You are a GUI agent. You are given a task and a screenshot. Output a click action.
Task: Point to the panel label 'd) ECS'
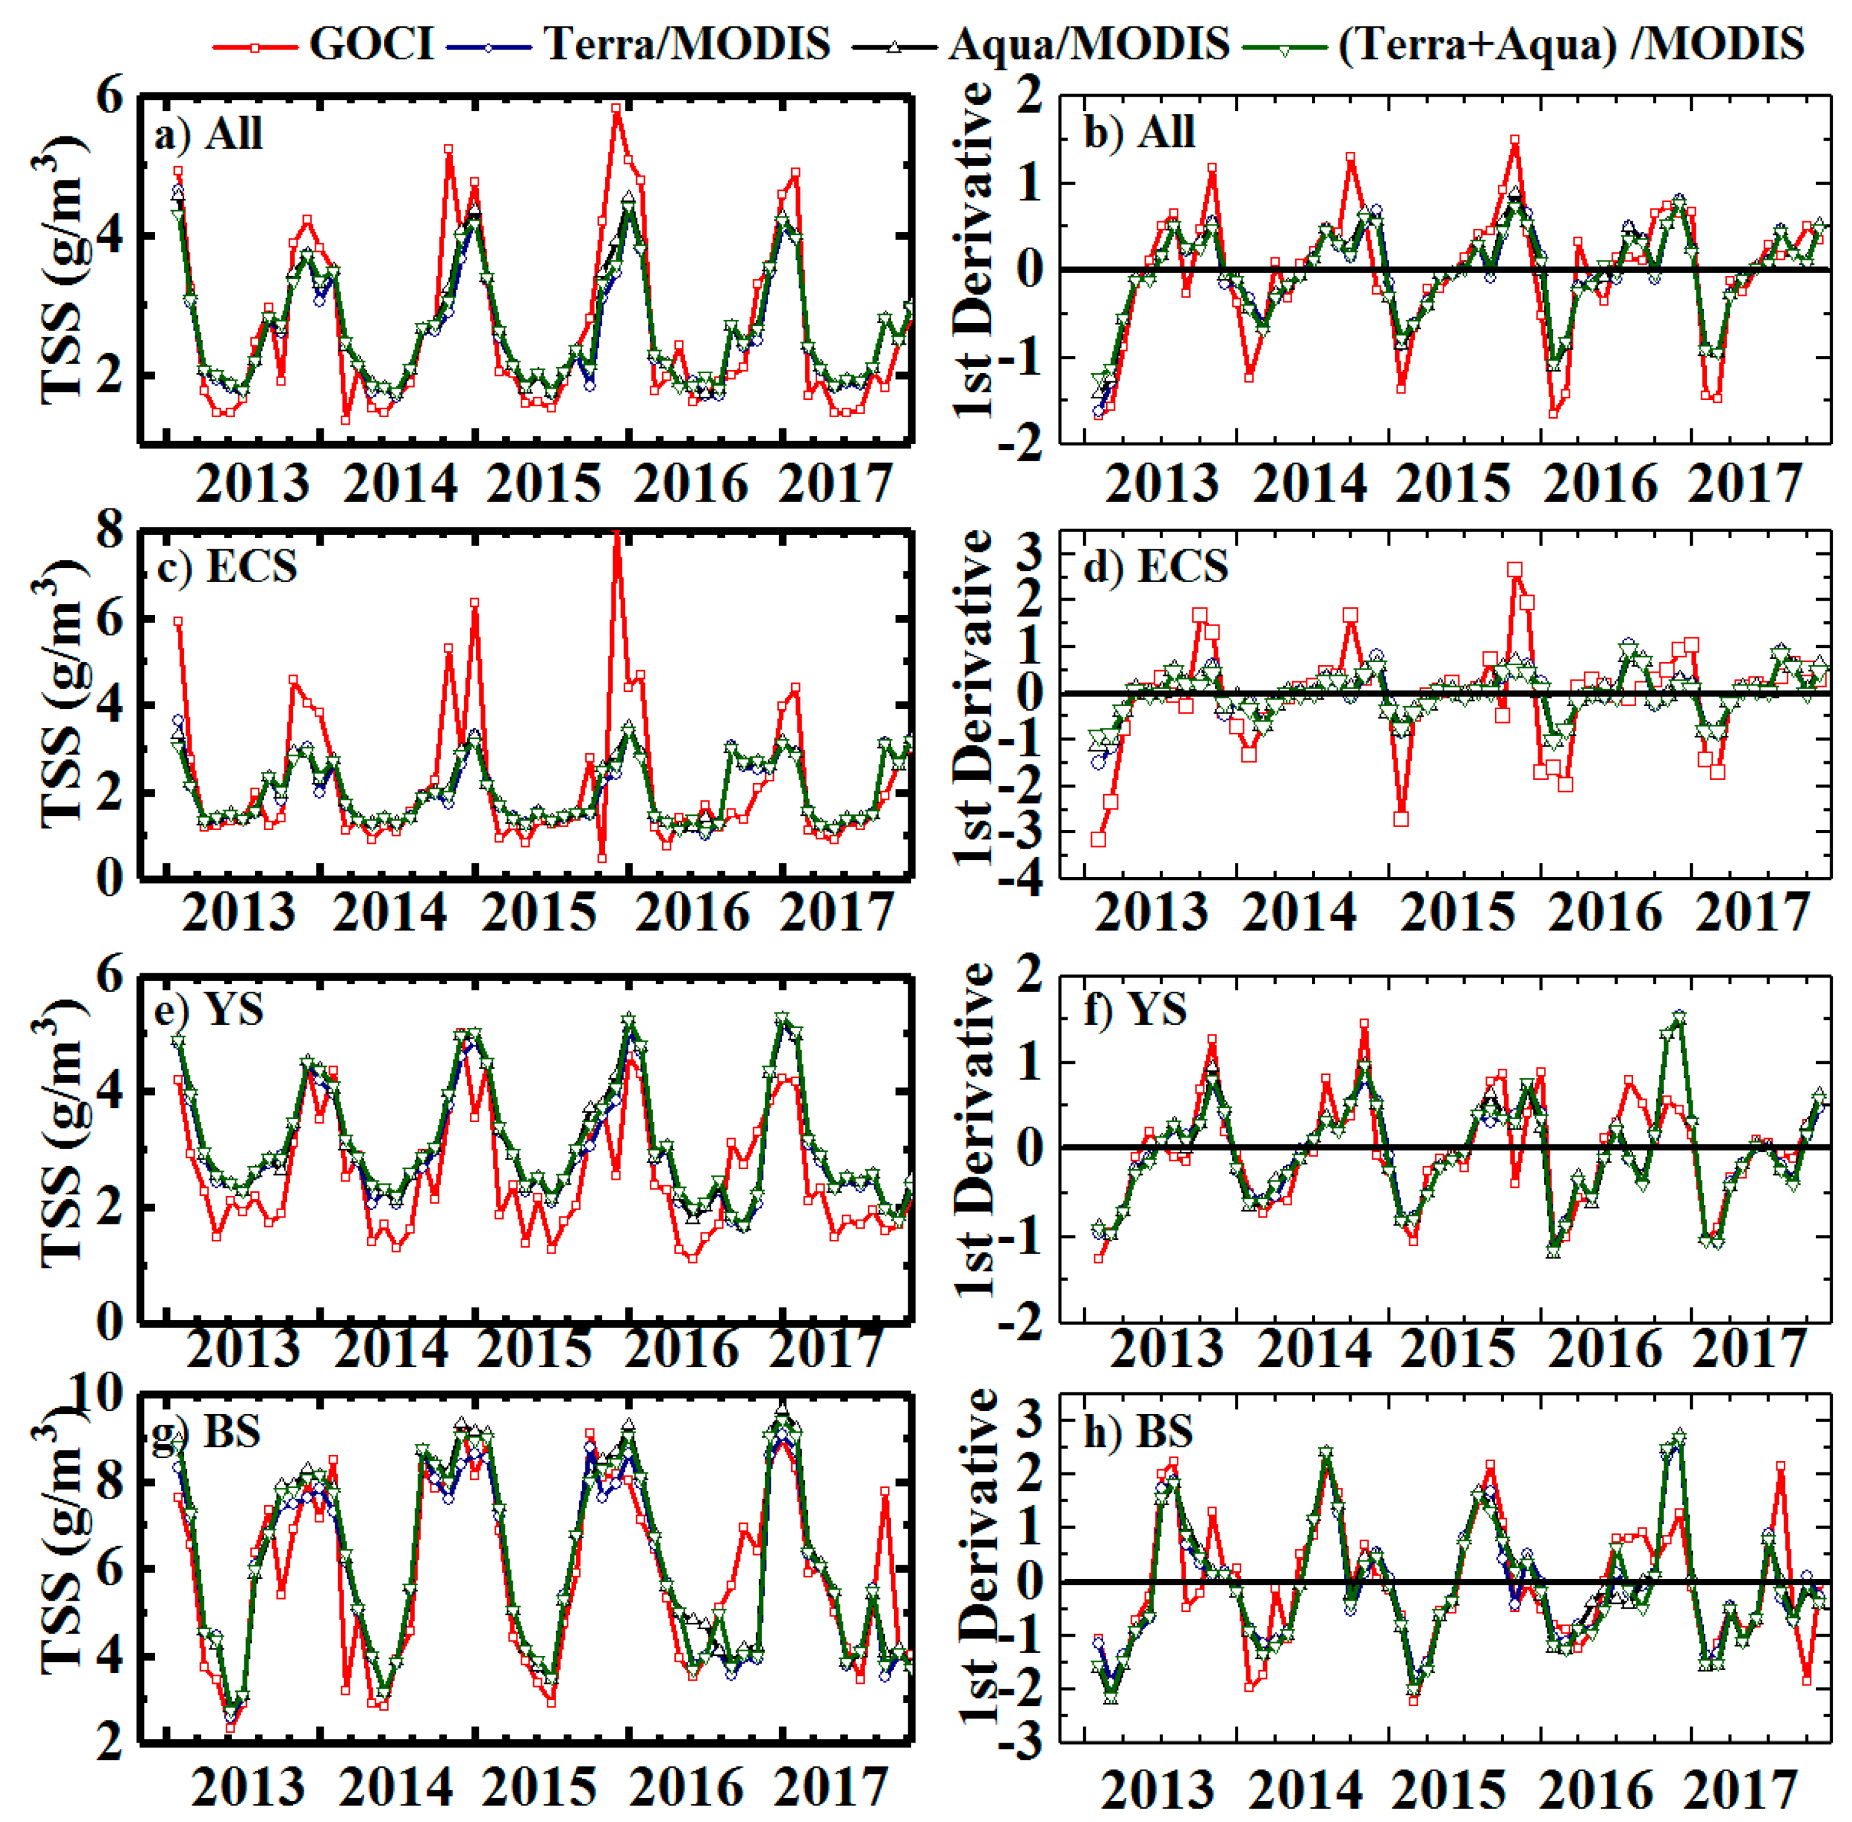pos(1155,567)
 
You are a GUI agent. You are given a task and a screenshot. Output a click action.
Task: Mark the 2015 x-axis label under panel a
pos(544,484)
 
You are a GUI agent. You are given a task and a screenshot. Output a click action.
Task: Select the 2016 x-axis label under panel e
pos(681,1348)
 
